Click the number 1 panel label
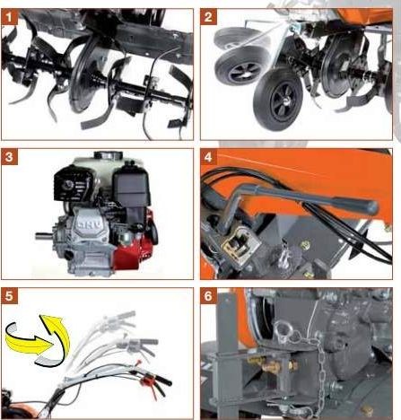coord(9,17)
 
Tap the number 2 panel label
coord(208,17)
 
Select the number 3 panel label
coord(9,157)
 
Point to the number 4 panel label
coord(208,157)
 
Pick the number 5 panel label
coord(9,296)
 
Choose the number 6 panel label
coord(208,296)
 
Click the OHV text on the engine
coord(86,224)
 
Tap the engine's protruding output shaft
coord(44,236)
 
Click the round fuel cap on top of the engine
coord(109,155)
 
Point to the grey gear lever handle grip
coord(356,205)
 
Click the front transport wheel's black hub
coord(284,101)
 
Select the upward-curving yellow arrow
coord(57,334)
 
